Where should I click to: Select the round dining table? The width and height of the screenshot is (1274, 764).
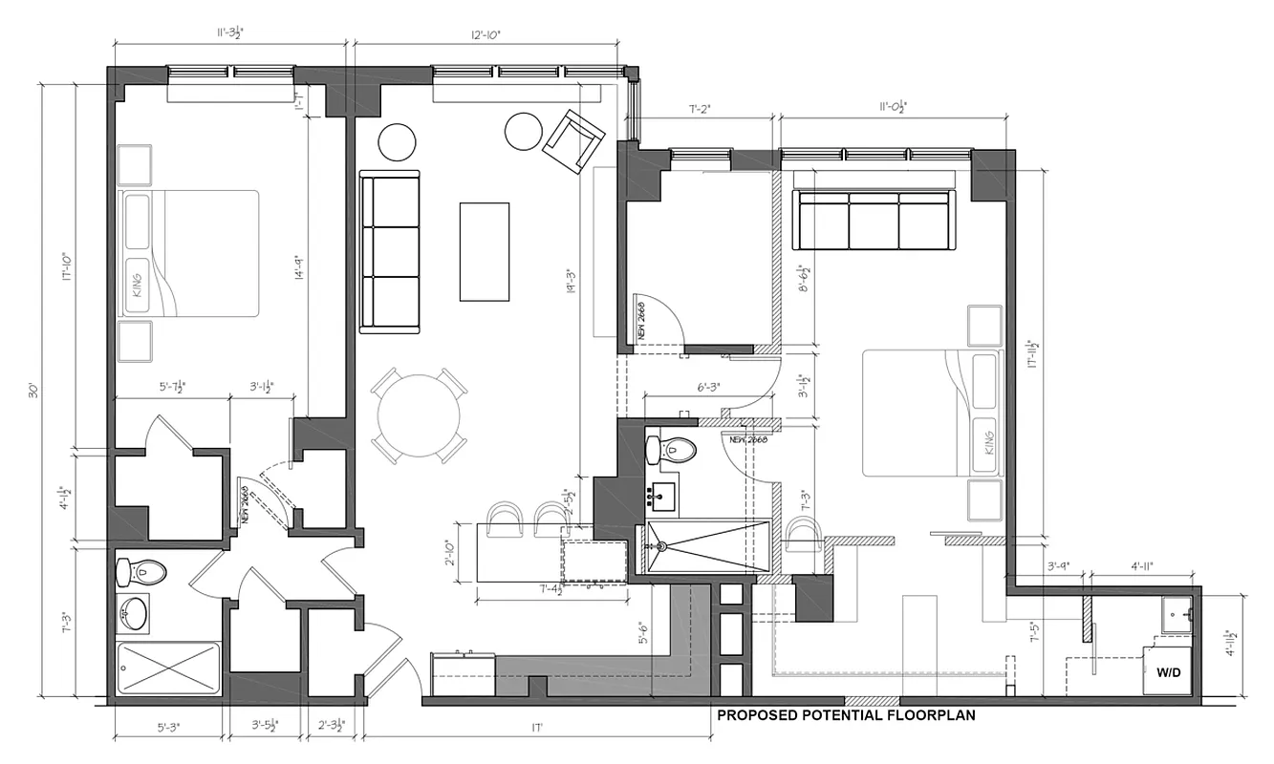point(419,416)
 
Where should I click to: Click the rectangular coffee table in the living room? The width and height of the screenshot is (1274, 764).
point(485,250)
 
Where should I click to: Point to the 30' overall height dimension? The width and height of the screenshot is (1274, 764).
point(34,391)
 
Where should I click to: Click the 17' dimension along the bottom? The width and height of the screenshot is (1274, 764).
point(537,729)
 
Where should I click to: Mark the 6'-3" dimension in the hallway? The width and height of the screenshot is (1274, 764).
point(707,388)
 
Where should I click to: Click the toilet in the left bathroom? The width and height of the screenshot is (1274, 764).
point(141,572)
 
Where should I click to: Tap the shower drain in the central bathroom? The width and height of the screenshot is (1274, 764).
point(660,547)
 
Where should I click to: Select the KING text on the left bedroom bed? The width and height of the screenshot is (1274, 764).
point(137,284)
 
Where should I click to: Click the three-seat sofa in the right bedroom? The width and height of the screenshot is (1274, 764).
point(875,221)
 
